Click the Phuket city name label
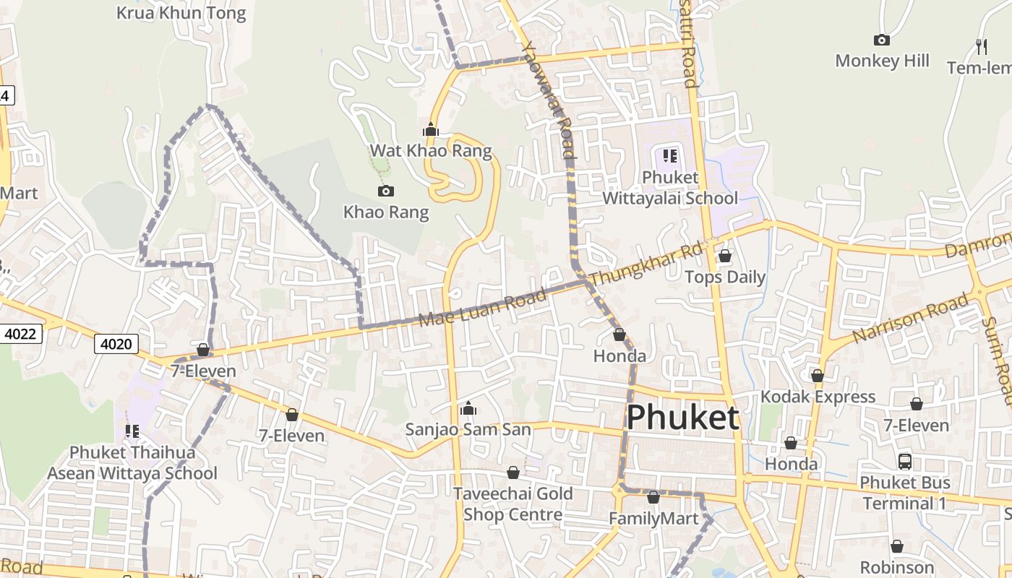click(682, 418)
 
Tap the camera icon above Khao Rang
click(386, 191)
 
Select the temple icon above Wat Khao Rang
click(431, 129)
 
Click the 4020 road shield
click(116, 344)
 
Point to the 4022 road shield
click(22, 334)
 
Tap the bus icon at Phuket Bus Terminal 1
click(904, 461)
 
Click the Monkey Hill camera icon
click(881, 40)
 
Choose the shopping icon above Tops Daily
click(725, 256)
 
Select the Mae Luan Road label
click(483, 309)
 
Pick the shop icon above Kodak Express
click(818, 376)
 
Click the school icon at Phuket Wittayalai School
click(669, 155)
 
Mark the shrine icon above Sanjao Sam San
click(468, 409)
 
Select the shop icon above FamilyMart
click(653, 497)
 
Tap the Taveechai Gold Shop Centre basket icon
click(513, 473)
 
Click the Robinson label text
click(897, 567)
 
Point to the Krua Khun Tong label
click(181, 13)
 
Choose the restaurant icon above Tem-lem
click(981, 46)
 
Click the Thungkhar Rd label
click(646, 264)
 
